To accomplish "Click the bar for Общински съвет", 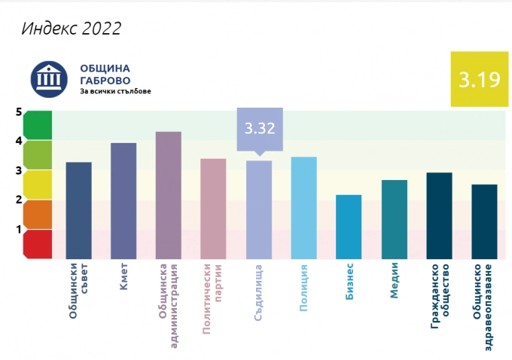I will tap(79, 211).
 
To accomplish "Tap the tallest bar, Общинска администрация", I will tap(169, 196).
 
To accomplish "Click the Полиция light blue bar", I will tap(303, 208).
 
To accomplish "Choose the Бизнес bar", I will tap(349, 227).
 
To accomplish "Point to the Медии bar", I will tap(394, 219).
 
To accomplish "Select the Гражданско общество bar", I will tap(439, 215).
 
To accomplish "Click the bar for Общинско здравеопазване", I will tap(484, 221).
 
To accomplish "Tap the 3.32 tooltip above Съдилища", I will tap(259, 128).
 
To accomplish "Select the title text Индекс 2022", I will tap(72, 29).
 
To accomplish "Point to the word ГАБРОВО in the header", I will tap(105, 81).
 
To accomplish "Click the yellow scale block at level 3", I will tap(38, 185).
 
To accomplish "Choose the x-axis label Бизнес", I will tap(349, 283).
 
